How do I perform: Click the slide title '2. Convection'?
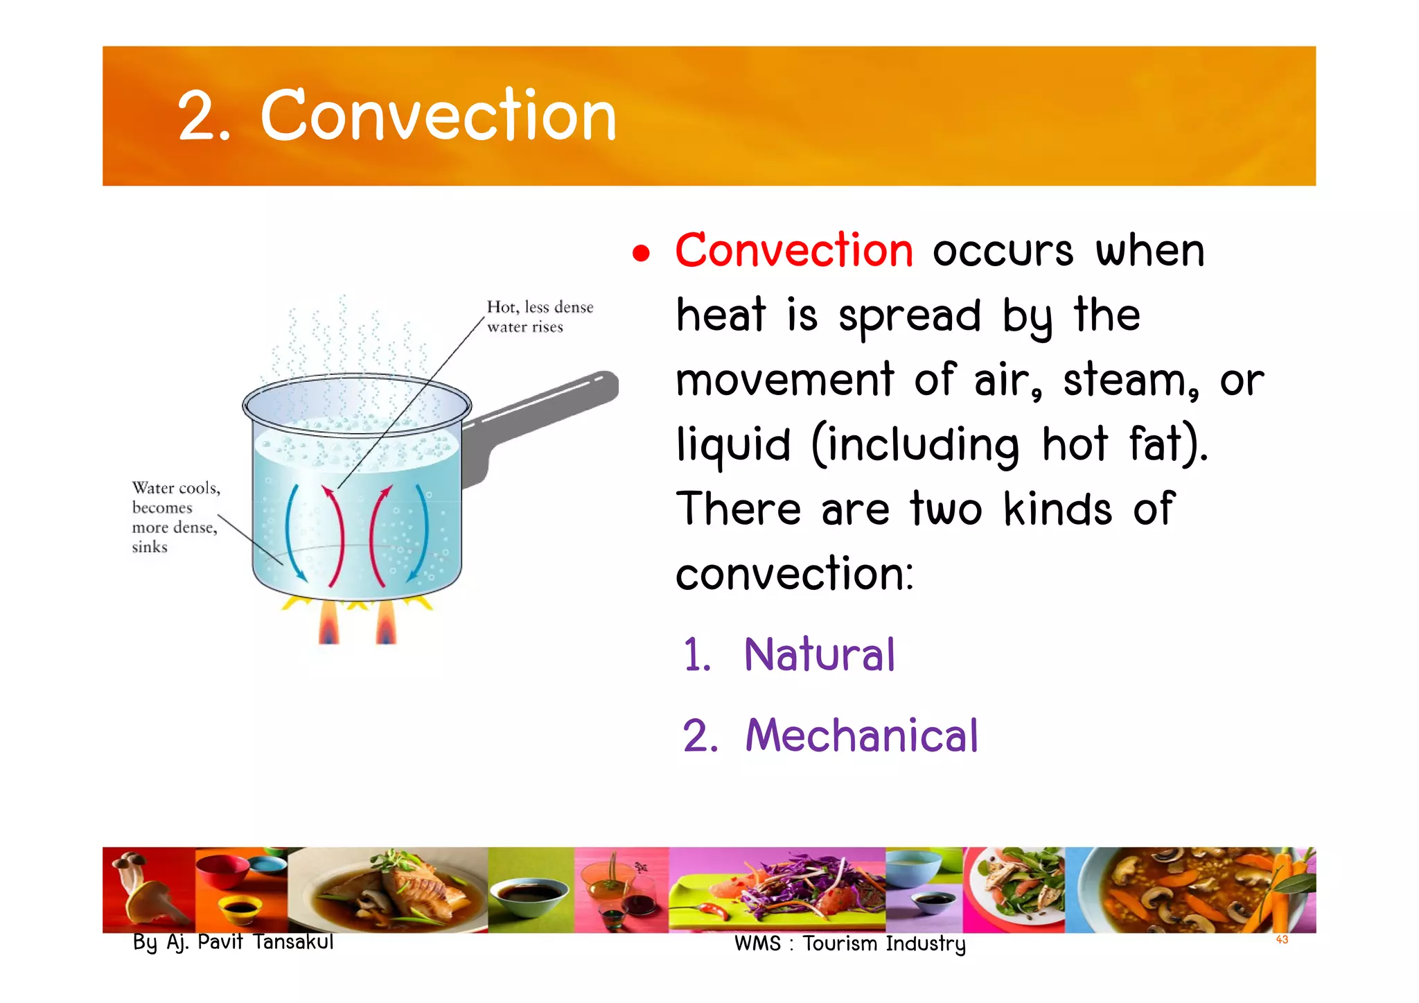point(396,116)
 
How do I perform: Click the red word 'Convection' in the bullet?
point(794,250)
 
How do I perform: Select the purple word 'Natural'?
point(819,654)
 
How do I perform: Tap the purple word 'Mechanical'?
point(861,735)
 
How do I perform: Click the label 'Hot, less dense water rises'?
point(539,317)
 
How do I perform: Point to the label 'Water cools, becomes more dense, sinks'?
point(175,517)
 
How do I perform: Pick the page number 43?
point(1281,940)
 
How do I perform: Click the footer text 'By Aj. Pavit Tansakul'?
point(233,942)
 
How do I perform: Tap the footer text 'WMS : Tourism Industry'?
point(849,944)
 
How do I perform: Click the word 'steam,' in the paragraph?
point(1131,381)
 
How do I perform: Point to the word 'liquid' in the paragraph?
point(733,444)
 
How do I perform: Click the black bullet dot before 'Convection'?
point(641,254)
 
